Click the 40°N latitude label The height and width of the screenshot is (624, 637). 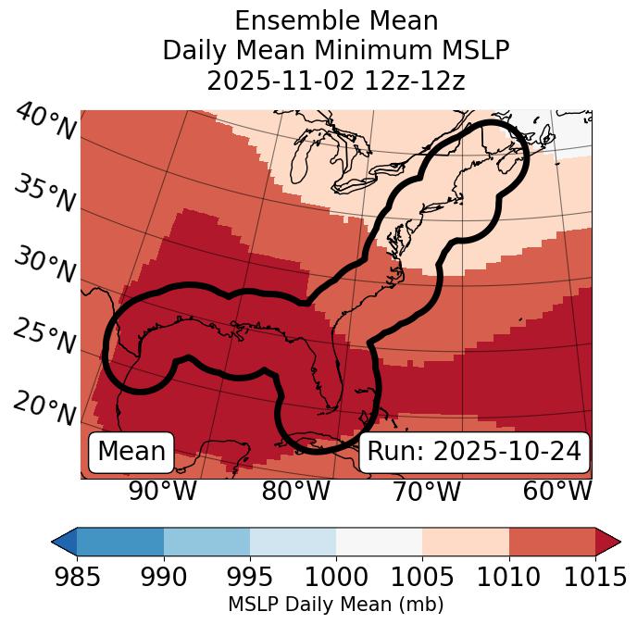pos(44,122)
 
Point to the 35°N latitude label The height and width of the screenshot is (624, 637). pos(44,193)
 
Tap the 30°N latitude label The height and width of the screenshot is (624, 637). pos(44,266)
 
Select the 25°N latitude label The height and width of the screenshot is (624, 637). pos(44,337)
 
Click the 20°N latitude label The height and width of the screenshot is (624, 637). pos(44,407)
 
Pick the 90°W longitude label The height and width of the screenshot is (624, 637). pos(162,492)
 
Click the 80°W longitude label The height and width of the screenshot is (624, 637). pos(295,492)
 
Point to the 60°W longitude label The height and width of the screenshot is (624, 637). pos(556,492)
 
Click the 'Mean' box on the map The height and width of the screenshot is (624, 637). pos(131,452)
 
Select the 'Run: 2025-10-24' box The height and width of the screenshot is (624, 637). pos(474,452)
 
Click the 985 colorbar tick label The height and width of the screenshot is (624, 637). pos(77,577)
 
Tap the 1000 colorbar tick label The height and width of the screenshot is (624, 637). pos(336,577)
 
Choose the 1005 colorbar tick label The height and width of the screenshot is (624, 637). pos(422,577)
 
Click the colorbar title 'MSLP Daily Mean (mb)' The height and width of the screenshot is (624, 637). pos(335,605)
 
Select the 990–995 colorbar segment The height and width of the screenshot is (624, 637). pos(206,542)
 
